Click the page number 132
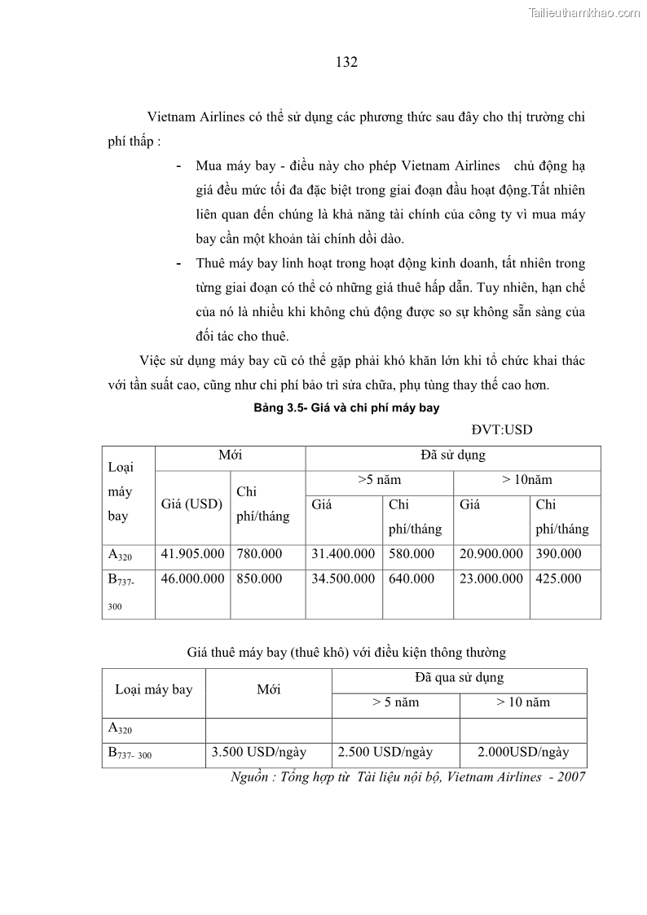[x=346, y=63]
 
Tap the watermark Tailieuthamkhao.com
[x=584, y=13]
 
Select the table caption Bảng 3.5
[x=346, y=407]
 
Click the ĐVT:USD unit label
[x=501, y=429]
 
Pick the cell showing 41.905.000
[x=192, y=554]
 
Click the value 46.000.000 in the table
[x=192, y=578]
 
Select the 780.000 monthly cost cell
[x=259, y=554]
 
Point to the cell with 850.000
[x=259, y=578]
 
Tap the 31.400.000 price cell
[x=343, y=554]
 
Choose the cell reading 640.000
[x=412, y=578]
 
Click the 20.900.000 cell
[x=491, y=554]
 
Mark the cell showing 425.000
[x=558, y=578]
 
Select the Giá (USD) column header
[x=191, y=504]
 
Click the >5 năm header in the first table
[x=379, y=481]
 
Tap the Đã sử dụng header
[x=452, y=456]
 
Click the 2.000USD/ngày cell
[x=523, y=752]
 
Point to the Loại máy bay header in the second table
[x=153, y=690]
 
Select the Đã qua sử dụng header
[x=459, y=678]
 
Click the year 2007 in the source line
[x=571, y=777]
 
